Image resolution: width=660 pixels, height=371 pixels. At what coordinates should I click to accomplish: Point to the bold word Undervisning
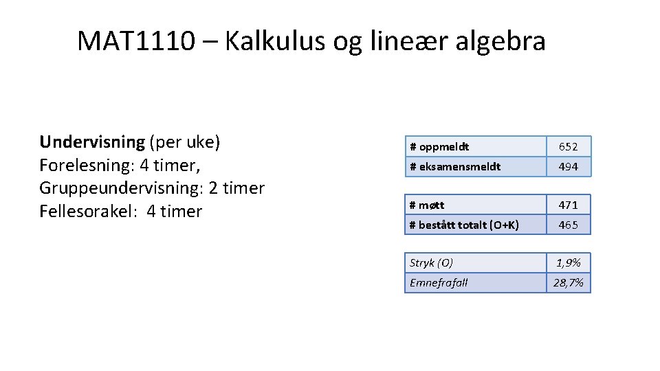(x=92, y=142)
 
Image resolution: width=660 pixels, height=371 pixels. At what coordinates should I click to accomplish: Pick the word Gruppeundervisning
(x=116, y=188)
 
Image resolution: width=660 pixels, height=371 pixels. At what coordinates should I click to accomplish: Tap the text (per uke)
(x=184, y=142)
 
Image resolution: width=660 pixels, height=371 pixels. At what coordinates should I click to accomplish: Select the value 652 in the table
(x=568, y=147)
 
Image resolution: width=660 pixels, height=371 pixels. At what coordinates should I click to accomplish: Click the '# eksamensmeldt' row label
(x=455, y=166)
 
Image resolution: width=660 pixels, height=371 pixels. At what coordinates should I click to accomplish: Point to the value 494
(x=568, y=166)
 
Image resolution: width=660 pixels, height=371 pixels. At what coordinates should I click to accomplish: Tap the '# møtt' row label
(x=427, y=205)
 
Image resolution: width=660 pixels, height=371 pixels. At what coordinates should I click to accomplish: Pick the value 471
(x=568, y=205)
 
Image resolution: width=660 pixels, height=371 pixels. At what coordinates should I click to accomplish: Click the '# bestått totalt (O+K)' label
(x=464, y=225)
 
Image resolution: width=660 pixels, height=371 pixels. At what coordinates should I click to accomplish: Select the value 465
(x=568, y=225)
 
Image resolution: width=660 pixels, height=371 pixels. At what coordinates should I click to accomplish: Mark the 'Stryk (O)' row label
(x=431, y=262)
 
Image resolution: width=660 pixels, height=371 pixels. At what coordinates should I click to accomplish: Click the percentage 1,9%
(x=568, y=262)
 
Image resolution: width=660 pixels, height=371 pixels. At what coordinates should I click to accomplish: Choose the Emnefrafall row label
(x=439, y=282)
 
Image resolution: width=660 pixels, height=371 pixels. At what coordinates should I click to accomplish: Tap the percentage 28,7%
(x=568, y=282)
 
